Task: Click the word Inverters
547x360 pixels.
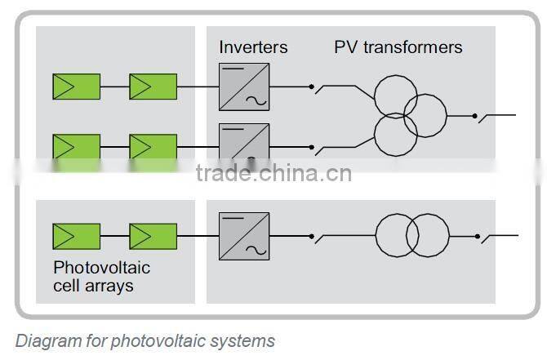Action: coord(253,47)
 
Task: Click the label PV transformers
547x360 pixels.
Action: coord(398,47)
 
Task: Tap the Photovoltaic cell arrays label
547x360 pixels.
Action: coord(101,276)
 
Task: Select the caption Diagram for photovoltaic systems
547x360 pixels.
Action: coord(145,340)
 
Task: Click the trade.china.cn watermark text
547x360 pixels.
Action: coord(273,173)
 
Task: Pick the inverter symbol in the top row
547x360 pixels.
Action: coord(244,86)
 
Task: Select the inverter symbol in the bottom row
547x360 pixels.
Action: coord(244,236)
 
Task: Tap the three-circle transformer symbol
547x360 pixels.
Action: coord(409,116)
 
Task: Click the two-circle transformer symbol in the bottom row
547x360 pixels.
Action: coord(412,236)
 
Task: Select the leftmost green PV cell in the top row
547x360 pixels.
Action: coord(76,86)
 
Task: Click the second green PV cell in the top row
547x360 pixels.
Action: coord(153,86)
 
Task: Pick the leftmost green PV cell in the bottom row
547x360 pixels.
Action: coord(76,236)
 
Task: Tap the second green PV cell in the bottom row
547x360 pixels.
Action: coord(153,236)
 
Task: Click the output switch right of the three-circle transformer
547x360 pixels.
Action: coord(490,116)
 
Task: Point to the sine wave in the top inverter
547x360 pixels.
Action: coord(256,101)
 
